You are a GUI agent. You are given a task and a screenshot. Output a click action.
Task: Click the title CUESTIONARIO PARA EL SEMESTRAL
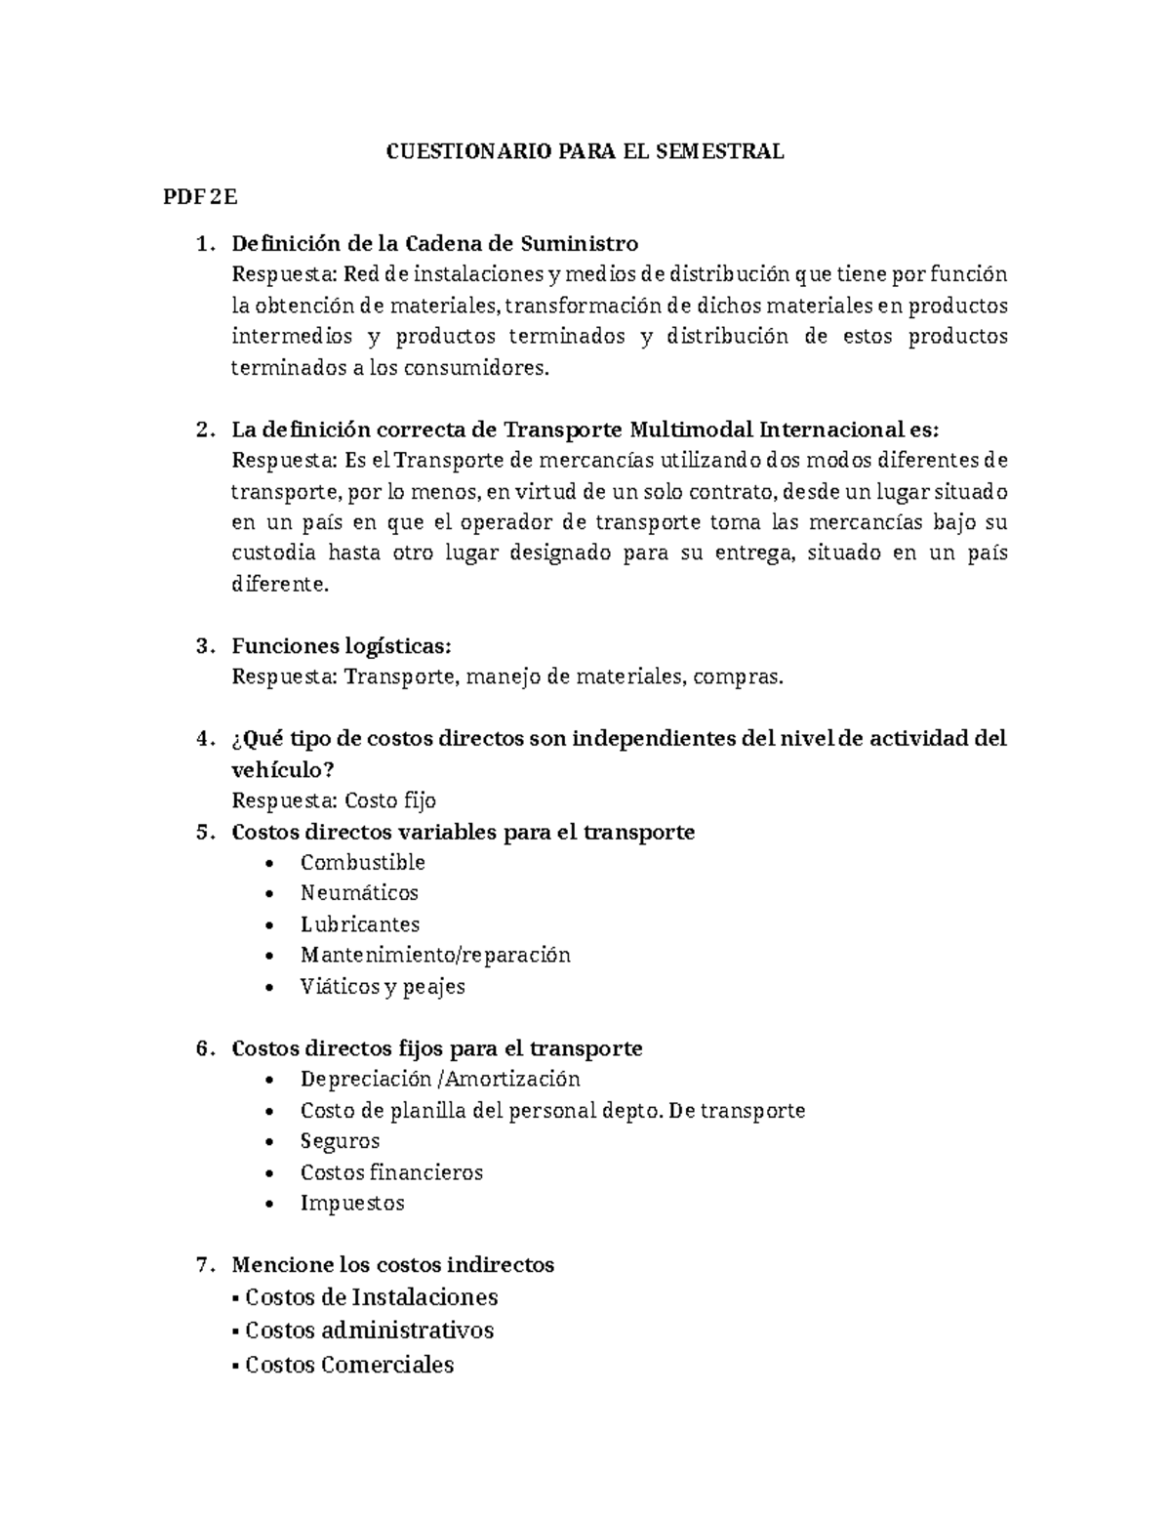(585, 151)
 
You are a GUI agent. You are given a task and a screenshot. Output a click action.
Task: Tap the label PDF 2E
(200, 197)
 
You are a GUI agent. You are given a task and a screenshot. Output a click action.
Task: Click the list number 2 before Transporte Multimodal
(202, 430)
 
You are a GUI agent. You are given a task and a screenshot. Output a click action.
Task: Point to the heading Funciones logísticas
(342, 646)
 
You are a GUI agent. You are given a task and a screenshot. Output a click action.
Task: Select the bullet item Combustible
(362, 862)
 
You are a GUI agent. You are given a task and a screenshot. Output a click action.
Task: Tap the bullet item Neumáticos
(359, 893)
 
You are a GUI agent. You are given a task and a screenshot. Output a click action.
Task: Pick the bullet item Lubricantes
(359, 924)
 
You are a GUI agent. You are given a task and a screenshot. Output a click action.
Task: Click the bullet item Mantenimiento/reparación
(434, 955)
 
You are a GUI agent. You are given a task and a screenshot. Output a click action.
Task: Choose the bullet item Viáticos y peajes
(383, 986)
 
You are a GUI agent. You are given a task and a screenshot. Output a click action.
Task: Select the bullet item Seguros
(340, 1141)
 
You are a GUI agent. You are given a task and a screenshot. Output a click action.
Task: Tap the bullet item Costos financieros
(391, 1172)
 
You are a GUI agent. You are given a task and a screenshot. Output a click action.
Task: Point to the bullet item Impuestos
(351, 1203)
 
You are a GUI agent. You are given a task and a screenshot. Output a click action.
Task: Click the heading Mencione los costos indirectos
(392, 1265)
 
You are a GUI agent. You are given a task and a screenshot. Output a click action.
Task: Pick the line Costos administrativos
(369, 1331)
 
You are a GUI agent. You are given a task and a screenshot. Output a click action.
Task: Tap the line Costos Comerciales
(349, 1365)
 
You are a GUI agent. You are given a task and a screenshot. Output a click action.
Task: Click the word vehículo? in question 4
(282, 769)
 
